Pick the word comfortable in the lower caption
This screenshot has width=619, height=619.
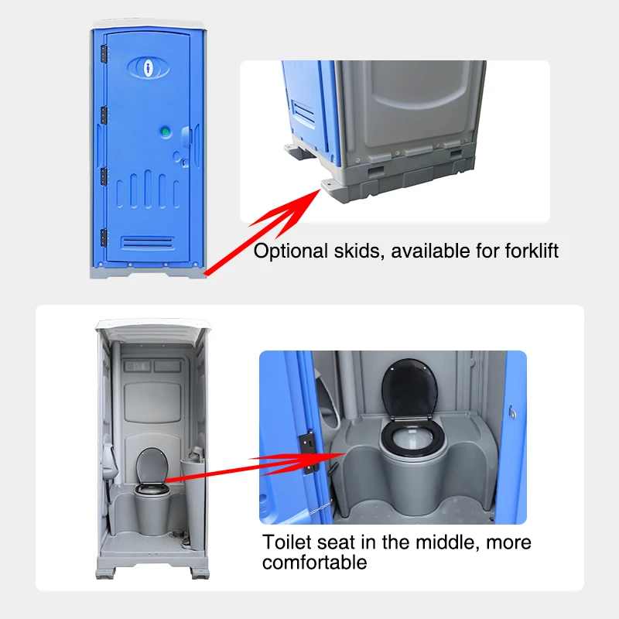(314, 563)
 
